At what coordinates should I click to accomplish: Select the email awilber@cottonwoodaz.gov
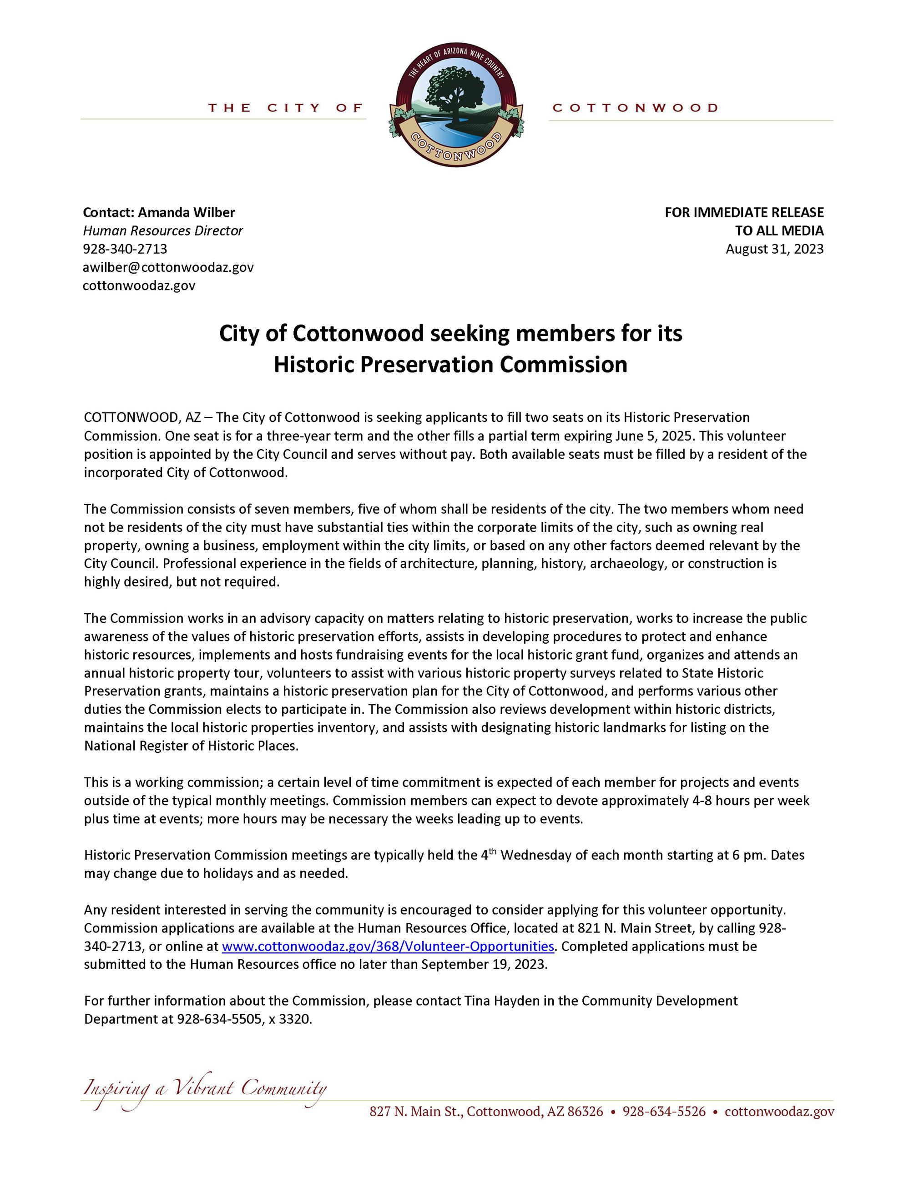[168, 267]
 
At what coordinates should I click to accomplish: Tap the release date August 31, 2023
[774, 249]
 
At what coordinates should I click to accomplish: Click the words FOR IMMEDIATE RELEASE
[744, 212]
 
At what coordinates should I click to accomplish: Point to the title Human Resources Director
[162, 230]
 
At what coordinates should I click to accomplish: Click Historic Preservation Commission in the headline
[450, 364]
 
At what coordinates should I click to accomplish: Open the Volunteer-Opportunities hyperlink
[388, 946]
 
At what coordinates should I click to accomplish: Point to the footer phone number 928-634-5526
[664, 1112]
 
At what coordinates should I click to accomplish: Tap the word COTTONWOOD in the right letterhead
[635, 108]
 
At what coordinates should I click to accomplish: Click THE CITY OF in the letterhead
[285, 108]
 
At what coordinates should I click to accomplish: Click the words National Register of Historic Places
[191, 746]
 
